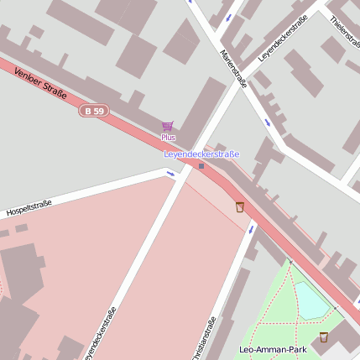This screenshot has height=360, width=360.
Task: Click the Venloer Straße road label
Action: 40,83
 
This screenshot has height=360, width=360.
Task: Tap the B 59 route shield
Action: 95,111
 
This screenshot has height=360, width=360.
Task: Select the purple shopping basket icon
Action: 167,126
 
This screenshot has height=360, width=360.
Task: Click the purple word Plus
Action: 168,137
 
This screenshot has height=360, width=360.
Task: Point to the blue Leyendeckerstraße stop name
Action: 201,154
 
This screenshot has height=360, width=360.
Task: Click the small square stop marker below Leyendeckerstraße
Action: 201,165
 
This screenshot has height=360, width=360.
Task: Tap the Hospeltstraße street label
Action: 29,207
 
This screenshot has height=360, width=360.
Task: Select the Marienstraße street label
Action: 233,68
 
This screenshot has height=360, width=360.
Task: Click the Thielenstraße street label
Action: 343,33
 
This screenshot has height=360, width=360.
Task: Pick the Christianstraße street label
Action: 204,338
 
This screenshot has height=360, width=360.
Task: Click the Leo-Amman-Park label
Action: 273,349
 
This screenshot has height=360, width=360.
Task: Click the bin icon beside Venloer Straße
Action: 240,207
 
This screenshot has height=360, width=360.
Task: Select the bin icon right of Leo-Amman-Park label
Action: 324,337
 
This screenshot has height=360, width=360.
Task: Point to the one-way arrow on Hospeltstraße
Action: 170,175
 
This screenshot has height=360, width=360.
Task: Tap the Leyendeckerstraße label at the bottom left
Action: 99,336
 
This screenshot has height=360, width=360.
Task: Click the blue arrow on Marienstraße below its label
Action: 268,123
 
